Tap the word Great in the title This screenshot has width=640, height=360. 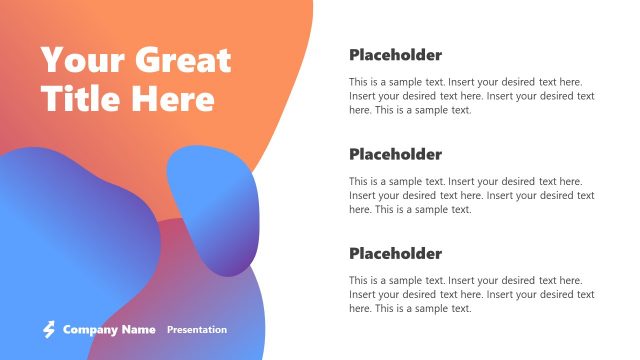(181, 60)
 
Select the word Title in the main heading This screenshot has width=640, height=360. (78, 98)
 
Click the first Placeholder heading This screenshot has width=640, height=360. (395, 55)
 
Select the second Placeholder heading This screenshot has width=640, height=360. (395, 155)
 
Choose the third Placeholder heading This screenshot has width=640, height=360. (395, 254)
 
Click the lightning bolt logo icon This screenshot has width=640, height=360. (48, 329)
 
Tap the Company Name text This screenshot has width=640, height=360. (109, 329)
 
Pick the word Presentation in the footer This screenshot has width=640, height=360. (197, 329)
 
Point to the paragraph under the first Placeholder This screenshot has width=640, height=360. (471, 96)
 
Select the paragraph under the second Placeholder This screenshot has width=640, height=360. (471, 195)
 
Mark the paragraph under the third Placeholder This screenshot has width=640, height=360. (471, 294)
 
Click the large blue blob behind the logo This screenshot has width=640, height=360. (70, 240)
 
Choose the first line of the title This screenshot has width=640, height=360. (136, 60)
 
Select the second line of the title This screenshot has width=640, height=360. (127, 98)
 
